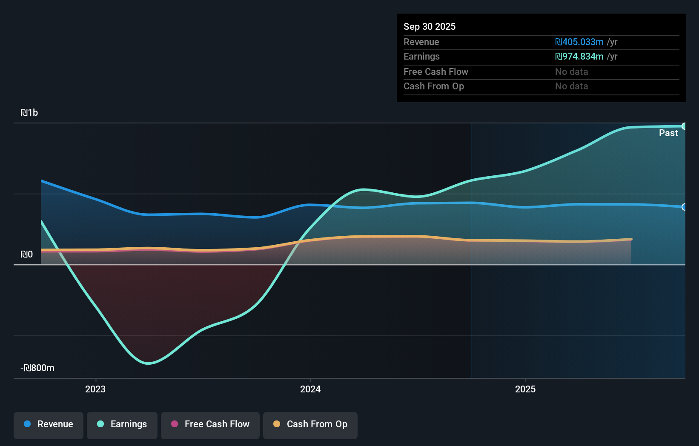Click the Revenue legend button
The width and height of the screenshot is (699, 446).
coord(49,425)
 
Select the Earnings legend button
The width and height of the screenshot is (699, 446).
coord(122,425)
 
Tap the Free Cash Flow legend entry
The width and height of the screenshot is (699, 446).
coord(210,425)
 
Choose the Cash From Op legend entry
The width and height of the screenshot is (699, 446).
coord(310,425)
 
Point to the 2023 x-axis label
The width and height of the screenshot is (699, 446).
coord(95,389)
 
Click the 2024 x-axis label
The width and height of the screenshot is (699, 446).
coord(310,389)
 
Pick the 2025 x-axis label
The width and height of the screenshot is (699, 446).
coord(525,389)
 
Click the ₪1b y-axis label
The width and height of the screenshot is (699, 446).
coord(29,113)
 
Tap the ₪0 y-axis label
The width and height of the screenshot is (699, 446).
coord(27,254)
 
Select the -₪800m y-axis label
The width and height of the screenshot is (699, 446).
coord(37,368)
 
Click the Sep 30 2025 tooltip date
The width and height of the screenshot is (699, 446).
coord(430,27)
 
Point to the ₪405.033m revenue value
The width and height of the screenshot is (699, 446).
coord(579,42)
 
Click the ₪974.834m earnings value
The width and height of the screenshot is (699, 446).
coord(579,57)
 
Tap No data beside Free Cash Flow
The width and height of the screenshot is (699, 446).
coord(571,72)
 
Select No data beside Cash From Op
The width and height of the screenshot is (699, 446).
coord(571,86)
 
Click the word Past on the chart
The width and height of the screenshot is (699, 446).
coord(668,133)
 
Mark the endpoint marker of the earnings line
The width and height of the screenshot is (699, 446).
coord(684,126)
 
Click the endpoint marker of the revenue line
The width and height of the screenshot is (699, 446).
coord(684,207)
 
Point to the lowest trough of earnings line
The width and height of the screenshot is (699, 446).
coord(148,363)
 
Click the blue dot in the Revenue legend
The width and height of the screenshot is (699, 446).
coord(27,424)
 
